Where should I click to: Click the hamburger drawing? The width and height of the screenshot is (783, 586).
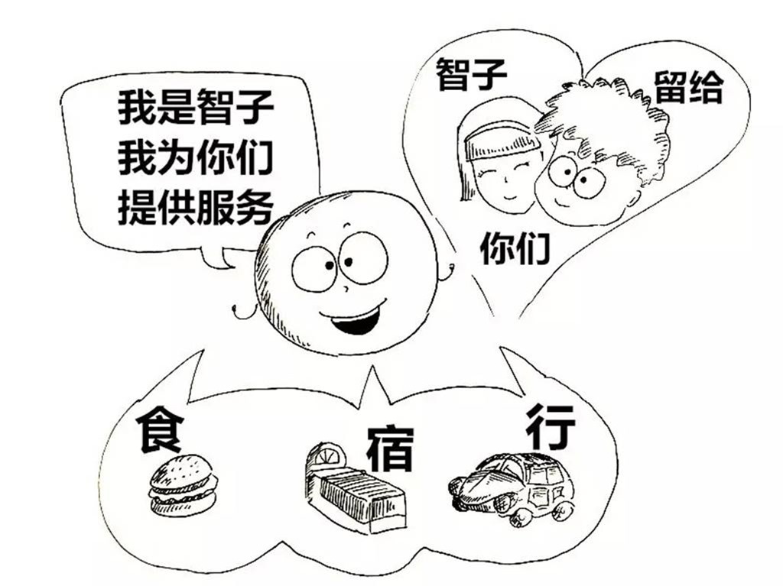183,484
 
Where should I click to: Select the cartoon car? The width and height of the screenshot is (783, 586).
512,489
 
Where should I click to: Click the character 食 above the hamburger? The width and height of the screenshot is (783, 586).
159,429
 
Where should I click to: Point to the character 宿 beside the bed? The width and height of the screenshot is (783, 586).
390,448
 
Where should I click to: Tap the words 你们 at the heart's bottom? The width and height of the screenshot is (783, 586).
515,248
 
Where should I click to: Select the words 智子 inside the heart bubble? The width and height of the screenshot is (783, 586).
471,74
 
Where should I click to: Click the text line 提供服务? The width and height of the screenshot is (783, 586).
195,206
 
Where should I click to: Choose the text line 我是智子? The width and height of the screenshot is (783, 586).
195,107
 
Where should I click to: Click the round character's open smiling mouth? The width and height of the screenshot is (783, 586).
353,319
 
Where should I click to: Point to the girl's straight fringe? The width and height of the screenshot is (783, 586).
502,141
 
